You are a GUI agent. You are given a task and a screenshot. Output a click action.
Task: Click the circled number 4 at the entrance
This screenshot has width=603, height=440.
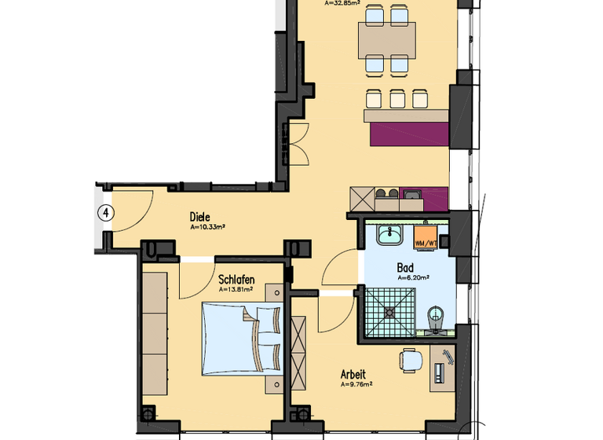104,212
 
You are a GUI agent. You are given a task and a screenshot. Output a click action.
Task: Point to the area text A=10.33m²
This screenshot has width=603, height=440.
207,227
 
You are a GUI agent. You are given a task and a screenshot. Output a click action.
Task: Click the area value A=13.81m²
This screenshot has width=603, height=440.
236,288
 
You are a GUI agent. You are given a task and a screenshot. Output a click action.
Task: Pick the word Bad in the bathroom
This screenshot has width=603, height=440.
406,267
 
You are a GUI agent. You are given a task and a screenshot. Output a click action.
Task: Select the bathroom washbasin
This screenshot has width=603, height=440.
389,234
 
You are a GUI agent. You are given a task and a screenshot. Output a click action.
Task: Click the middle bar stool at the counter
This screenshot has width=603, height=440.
397,98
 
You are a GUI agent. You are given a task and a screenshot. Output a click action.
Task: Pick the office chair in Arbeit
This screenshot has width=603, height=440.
411,360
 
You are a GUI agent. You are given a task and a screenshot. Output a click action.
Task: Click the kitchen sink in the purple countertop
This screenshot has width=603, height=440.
411,192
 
